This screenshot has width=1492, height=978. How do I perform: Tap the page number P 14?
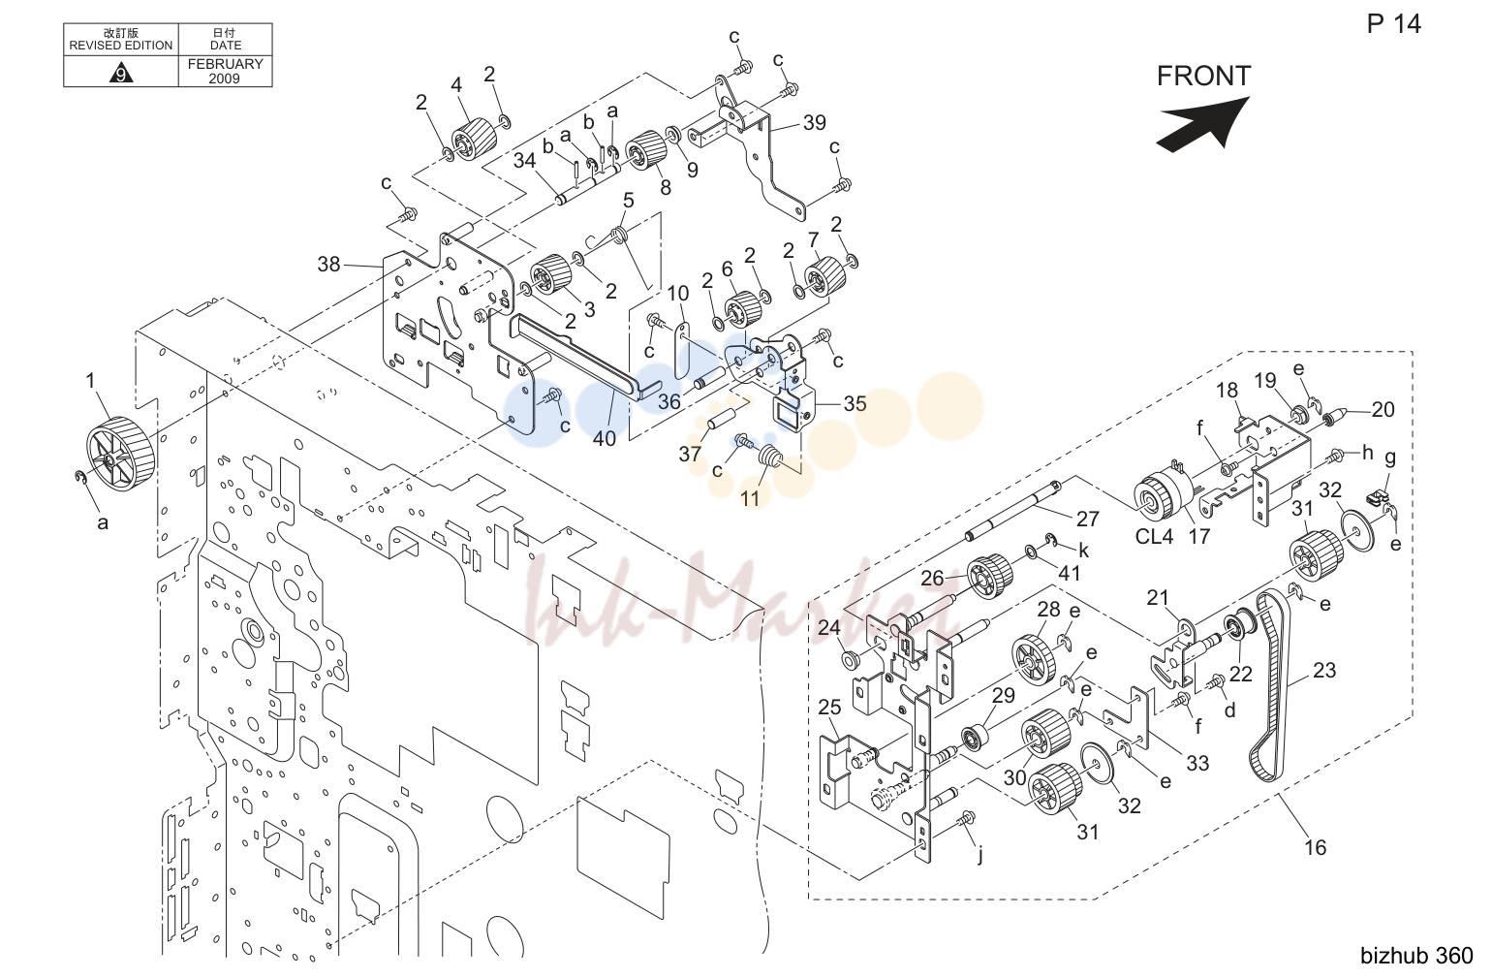1394,24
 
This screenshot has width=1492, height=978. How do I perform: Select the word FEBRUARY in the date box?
225,64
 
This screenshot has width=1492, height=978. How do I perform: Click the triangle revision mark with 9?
120,72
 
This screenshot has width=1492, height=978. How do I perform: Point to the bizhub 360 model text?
1416,956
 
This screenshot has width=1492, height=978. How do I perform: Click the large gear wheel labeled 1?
121,454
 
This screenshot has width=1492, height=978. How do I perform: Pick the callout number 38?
328,265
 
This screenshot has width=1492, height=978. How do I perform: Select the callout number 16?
1315,848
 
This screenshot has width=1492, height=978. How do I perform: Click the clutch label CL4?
1154,536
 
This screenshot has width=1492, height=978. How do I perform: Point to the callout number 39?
815,122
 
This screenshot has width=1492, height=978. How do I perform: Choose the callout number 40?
605,438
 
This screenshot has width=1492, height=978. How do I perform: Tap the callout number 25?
829,707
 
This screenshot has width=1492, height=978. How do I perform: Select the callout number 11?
750,498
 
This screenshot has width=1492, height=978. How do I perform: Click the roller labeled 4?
475,139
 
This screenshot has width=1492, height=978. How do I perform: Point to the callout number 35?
855,404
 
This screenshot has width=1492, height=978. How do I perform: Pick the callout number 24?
828,627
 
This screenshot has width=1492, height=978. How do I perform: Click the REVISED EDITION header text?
120,46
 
